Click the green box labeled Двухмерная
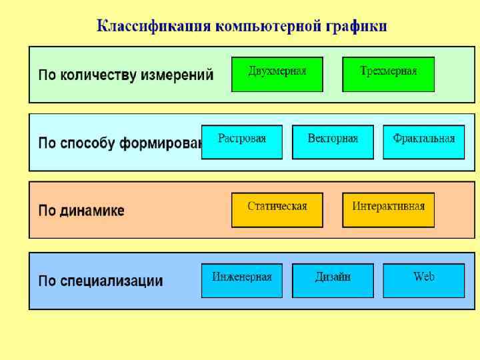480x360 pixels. tap(277, 74)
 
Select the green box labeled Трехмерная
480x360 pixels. tap(388, 74)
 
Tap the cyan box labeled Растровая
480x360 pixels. tap(241, 142)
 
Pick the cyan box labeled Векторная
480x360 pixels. tap(333, 142)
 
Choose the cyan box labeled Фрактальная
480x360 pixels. tap(423, 142)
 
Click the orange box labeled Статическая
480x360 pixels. tap(277, 210)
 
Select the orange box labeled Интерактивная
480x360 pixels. tap(388, 210)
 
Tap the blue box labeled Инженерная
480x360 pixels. tap(241, 281)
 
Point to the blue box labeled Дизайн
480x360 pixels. tap(333, 281)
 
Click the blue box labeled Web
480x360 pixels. tap(423, 281)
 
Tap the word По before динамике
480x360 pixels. tap(47, 211)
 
